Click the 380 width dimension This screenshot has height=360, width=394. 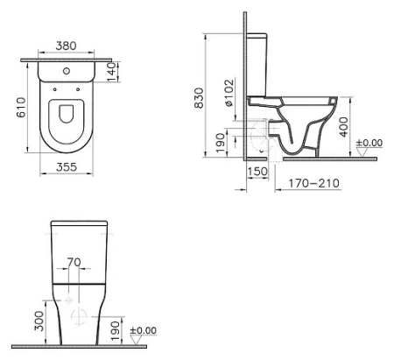(x=66, y=46)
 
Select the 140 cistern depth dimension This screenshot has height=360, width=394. (x=112, y=72)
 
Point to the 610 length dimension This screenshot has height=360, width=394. (x=21, y=108)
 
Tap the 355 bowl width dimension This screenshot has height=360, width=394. (x=67, y=167)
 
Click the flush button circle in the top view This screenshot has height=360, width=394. (x=67, y=71)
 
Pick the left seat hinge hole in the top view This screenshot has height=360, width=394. (x=55, y=89)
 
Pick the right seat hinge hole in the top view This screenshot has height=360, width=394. (x=78, y=89)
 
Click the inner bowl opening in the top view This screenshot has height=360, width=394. (x=67, y=113)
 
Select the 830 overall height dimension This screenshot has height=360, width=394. (x=199, y=98)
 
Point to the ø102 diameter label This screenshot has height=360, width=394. (x=229, y=93)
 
